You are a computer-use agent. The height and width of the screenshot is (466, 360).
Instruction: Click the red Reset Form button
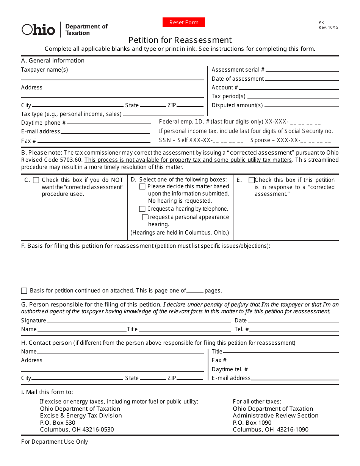[x=184, y=22]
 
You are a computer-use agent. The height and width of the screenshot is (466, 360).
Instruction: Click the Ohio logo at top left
[x=38, y=30]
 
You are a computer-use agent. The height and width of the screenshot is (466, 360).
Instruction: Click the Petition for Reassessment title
[x=180, y=40]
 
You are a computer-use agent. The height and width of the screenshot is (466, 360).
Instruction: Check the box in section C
[x=36, y=180]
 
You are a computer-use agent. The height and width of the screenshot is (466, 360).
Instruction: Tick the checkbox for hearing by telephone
[x=142, y=209]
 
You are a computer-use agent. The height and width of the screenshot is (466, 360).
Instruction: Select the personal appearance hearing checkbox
[x=145, y=217]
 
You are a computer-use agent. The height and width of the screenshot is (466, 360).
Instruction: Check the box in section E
[x=251, y=180]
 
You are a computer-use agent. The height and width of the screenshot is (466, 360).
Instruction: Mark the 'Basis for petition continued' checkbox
[x=24, y=291]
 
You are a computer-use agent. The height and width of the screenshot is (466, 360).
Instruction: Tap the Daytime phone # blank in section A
[x=109, y=124]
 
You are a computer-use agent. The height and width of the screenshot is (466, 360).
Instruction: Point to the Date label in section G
[x=241, y=321]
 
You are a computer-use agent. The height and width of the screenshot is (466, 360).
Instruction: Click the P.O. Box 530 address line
[x=58, y=422]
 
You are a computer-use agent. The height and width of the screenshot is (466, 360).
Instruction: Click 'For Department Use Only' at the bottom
[x=55, y=442]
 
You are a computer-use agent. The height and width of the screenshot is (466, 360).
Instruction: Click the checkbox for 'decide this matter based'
[x=142, y=186]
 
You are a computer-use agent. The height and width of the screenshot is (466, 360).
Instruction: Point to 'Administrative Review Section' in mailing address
[x=275, y=416]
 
